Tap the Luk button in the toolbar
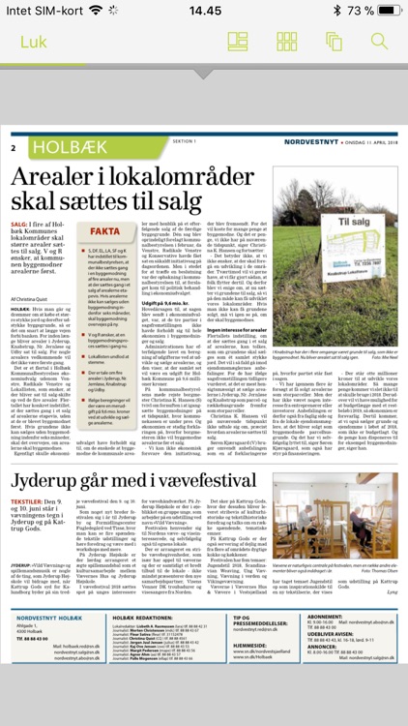tap(34, 42)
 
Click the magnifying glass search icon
tap(379, 42)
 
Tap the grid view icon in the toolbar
tap(287, 42)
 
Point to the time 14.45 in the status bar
tap(204, 10)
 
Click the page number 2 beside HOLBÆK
tap(15, 148)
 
